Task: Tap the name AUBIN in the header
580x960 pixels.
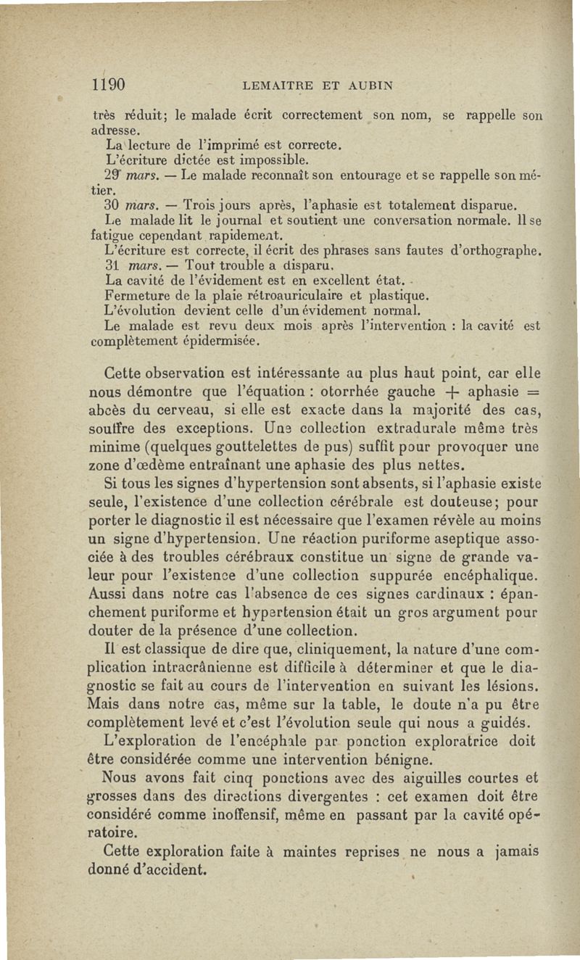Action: point(368,86)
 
